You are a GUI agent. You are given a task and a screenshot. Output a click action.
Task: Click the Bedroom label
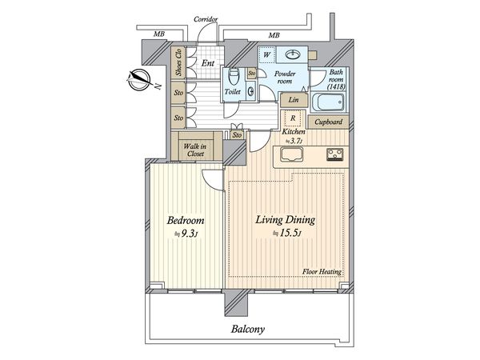click(186, 221)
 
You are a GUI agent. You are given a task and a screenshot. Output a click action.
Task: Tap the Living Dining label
click(286, 220)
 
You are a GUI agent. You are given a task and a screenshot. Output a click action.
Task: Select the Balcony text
click(248, 330)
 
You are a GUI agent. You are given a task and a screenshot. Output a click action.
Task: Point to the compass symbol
click(139, 80)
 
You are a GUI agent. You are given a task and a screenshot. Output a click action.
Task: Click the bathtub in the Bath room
click(328, 102)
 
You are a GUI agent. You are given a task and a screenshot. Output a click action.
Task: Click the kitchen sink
click(291, 154)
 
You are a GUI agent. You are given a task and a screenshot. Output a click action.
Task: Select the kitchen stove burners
click(335, 154)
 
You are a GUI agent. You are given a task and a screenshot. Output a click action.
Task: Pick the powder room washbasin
click(293, 54)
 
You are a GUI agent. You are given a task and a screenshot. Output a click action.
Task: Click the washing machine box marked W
click(266, 55)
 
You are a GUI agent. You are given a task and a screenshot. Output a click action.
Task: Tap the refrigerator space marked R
click(293, 118)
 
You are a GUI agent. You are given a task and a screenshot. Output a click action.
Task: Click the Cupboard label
click(329, 122)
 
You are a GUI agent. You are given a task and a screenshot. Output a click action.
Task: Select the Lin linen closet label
click(294, 100)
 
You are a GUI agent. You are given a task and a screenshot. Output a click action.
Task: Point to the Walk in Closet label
click(195, 150)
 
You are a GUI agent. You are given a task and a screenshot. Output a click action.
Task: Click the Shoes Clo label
click(178, 62)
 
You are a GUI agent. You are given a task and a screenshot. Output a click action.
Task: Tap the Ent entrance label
click(207, 63)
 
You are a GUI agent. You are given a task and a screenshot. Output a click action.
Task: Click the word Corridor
click(206, 19)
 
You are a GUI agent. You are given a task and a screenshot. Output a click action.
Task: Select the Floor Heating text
click(322, 271)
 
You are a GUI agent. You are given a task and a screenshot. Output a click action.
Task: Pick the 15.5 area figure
click(289, 234)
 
